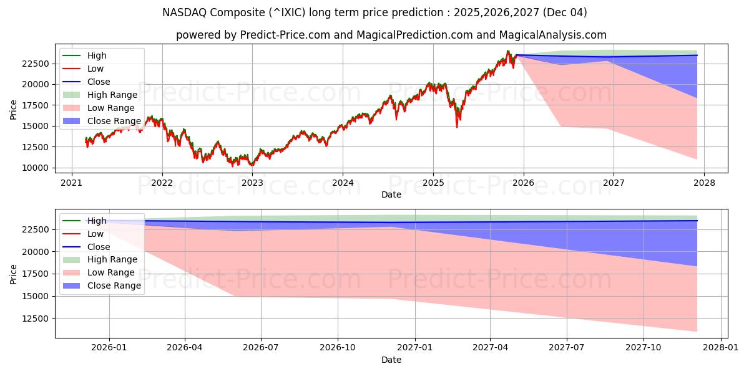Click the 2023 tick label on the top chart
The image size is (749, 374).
pos(252,183)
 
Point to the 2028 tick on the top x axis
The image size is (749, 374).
pos(703,183)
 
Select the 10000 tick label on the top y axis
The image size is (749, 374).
pos(36,168)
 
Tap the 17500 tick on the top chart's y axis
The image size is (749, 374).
pos(36,105)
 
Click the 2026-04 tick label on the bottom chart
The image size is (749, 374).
pos(185,348)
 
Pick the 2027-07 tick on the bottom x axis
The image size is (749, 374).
pos(566,348)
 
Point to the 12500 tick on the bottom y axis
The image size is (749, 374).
pos(36,319)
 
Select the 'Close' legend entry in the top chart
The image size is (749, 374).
pos(99,82)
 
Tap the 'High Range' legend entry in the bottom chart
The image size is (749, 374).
pos(112,259)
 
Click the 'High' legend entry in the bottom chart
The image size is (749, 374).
pos(97,221)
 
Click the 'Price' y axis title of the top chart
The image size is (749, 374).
pos(14,110)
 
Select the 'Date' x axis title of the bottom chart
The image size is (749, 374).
pos(391,360)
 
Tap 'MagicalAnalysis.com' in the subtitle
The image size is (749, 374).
pos(550,35)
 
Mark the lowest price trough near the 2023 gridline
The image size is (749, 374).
pos(252,165)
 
